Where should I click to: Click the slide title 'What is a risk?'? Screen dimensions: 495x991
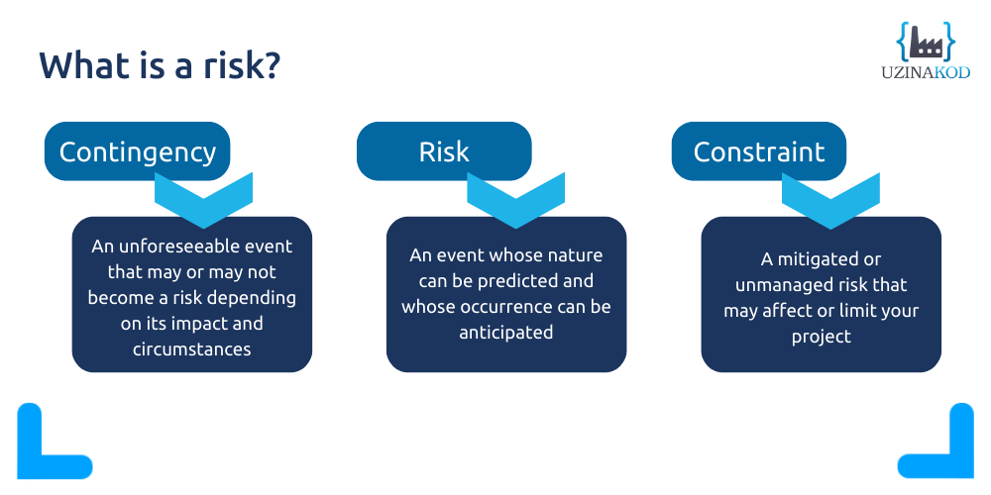(x=160, y=65)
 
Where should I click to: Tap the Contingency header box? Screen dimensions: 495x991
(x=137, y=151)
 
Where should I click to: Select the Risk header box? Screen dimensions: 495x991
(x=443, y=151)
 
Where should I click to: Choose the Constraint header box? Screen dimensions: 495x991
(x=758, y=151)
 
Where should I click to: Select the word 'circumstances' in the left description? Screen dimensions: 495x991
(x=191, y=348)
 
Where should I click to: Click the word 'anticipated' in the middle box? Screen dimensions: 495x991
(x=505, y=333)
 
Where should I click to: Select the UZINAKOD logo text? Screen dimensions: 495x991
(x=926, y=72)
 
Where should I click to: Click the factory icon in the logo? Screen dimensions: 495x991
(x=926, y=42)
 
